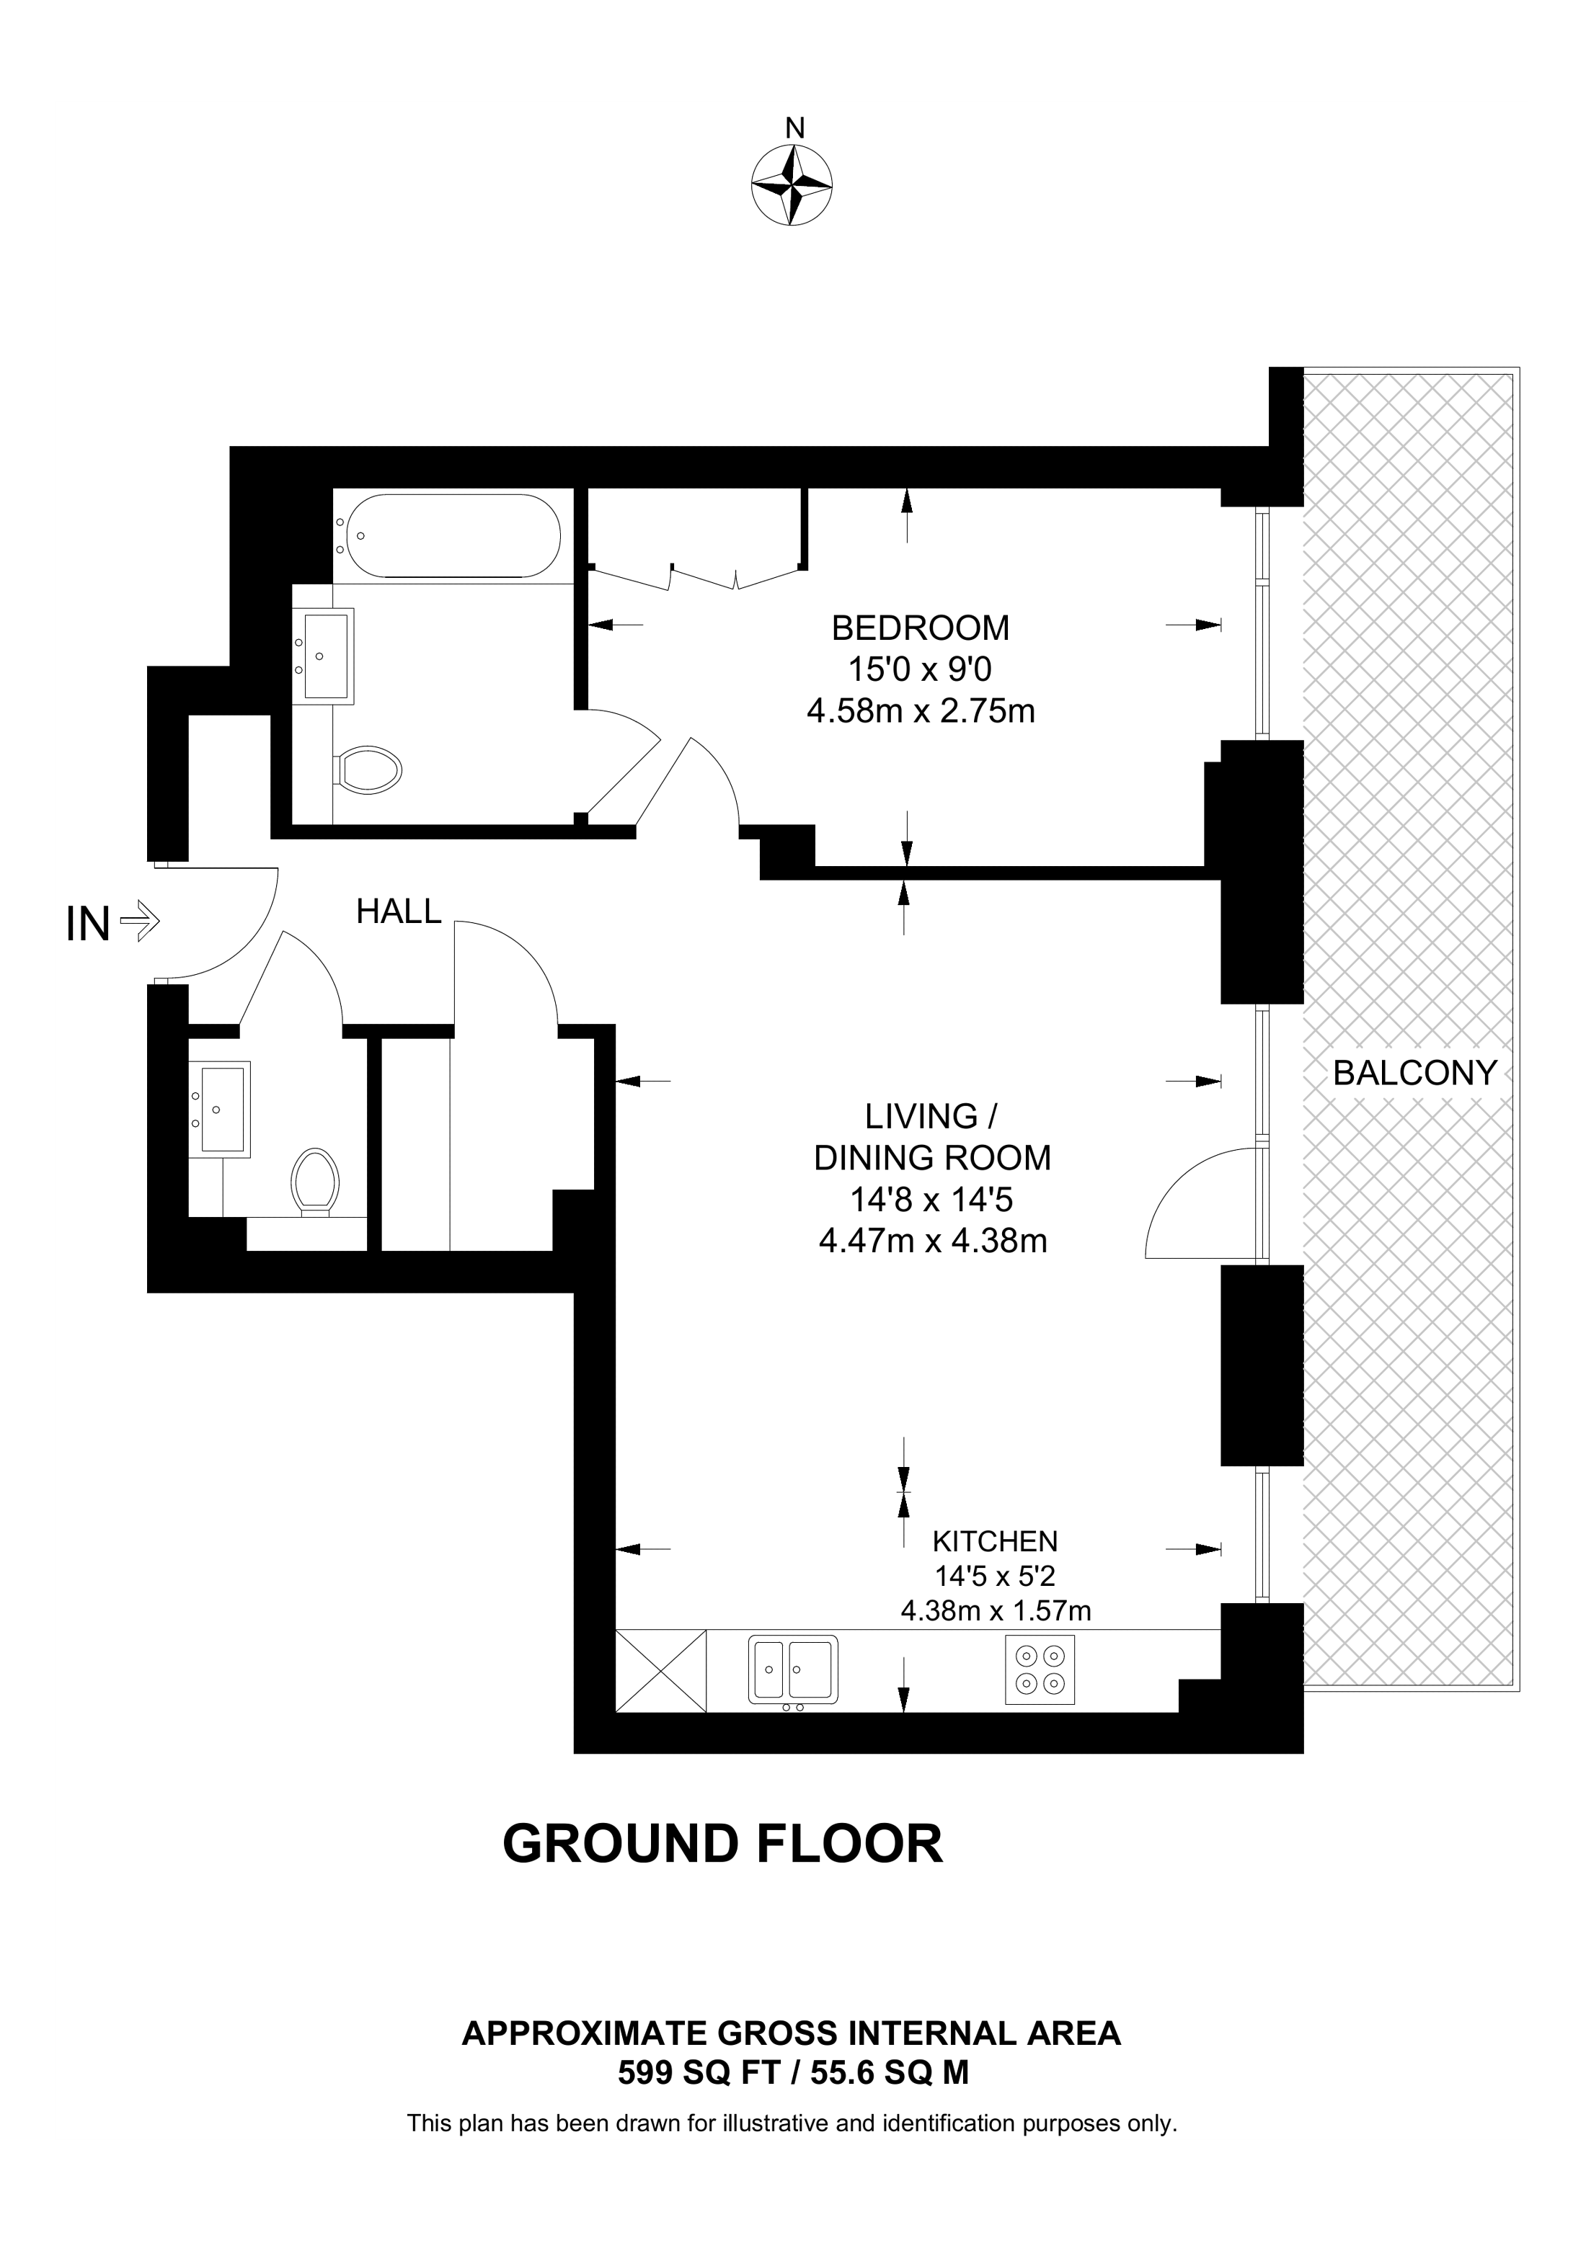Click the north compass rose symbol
tap(792, 186)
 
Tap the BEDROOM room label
tap(920, 627)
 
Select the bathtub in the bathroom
tap(448, 535)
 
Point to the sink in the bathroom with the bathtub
tap(324, 654)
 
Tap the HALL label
tap(399, 911)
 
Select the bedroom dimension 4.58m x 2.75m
tap(921, 711)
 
